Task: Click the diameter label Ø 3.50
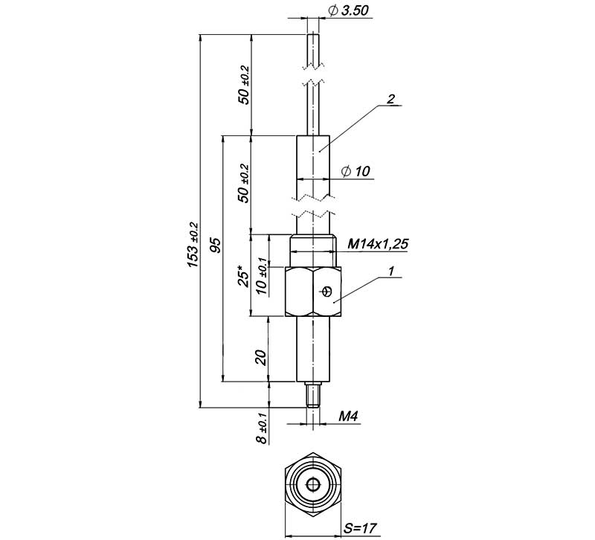pos(349,10)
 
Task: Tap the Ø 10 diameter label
pos(356,172)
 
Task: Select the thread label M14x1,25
pos(378,244)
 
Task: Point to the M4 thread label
pos(348,417)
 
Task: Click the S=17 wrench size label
pos(360,528)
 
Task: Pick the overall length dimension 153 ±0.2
pos(193,245)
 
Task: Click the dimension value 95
pos(215,245)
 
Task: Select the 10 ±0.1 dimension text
pos(263,276)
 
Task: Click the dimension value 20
pos(261,358)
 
